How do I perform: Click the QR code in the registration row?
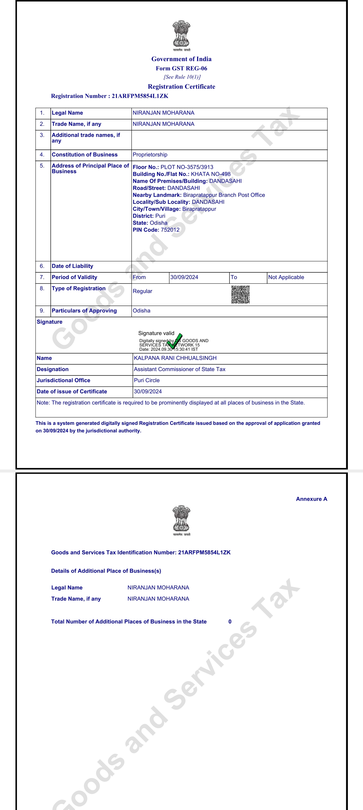[x=240, y=295]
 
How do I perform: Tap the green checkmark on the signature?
[x=175, y=341]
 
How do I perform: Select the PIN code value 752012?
[x=170, y=230]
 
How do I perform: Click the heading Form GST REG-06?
[x=182, y=69]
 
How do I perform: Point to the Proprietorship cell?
[x=150, y=155]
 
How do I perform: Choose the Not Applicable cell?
[x=286, y=277]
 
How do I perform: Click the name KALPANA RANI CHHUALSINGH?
[x=175, y=358]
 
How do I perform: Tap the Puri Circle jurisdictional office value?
[x=147, y=380]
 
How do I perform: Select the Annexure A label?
[x=311, y=499]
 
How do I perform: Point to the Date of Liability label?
[x=72, y=266]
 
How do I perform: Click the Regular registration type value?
[x=143, y=291]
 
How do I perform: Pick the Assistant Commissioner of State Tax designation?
[x=179, y=369]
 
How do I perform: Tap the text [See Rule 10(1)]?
[x=182, y=77]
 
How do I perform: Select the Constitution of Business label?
[x=85, y=155]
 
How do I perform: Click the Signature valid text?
[x=156, y=333]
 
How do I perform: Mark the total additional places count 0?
[x=230, y=622]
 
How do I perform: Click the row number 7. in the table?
[x=42, y=277]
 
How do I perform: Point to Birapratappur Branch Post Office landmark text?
[x=224, y=195]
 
